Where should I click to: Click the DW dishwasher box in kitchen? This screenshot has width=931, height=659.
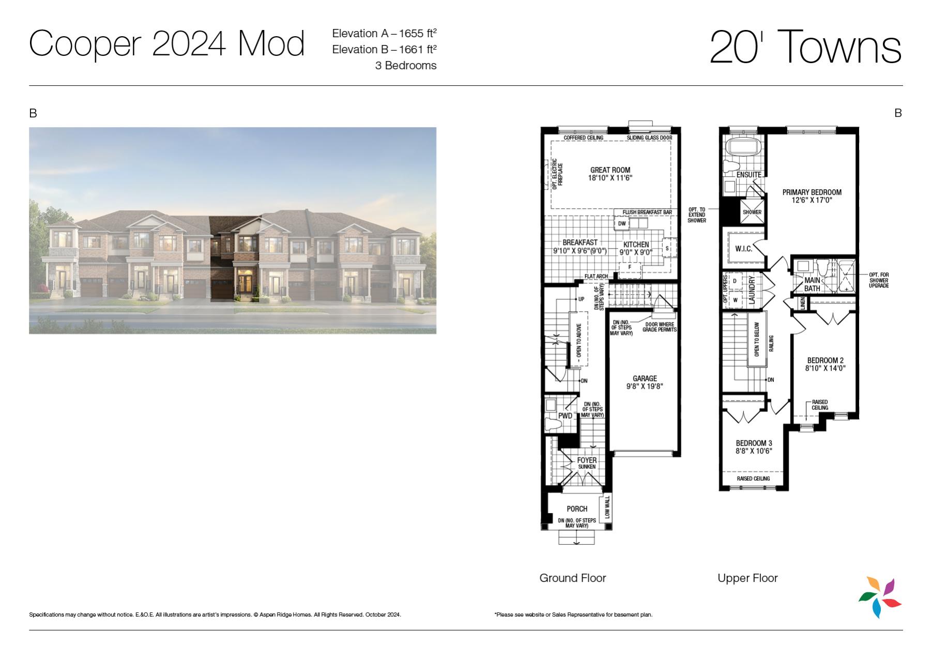click(622, 224)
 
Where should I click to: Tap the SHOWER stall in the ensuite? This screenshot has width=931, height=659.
click(752, 212)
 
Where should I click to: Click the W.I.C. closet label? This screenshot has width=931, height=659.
click(743, 249)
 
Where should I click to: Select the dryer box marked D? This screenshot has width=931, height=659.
click(735, 281)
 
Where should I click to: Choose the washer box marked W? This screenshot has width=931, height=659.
click(735, 300)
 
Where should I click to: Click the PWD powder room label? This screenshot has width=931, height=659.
click(565, 416)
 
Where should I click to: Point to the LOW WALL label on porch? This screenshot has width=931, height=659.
click(607, 508)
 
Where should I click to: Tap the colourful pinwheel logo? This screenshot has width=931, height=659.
click(880, 597)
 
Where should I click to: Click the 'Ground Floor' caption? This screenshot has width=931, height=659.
click(572, 578)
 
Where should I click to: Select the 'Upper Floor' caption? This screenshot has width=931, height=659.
click(747, 578)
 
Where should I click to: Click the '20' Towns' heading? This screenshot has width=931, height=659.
click(805, 47)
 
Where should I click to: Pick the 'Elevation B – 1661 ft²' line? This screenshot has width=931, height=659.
click(384, 49)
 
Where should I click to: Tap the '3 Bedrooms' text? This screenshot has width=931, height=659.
click(406, 66)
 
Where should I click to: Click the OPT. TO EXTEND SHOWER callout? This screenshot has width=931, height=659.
click(696, 215)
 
